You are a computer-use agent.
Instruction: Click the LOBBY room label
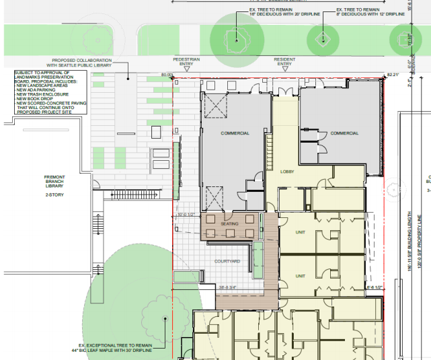tap(288, 172)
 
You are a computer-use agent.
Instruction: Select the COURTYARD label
tap(227, 261)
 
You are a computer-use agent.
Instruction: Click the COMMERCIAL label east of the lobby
tap(344, 133)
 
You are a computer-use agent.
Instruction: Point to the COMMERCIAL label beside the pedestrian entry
tap(235, 133)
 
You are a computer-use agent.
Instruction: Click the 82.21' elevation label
tap(393, 75)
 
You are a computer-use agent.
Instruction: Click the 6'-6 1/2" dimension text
tap(375, 287)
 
